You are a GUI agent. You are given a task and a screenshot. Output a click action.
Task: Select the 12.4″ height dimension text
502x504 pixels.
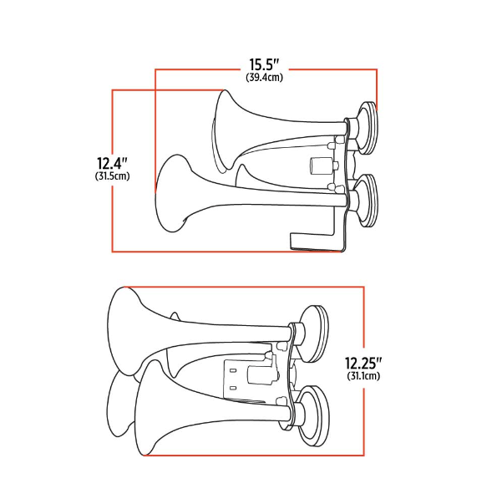[x=112, y=162]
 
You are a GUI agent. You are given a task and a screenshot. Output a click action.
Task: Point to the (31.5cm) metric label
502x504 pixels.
[x=112, y=176]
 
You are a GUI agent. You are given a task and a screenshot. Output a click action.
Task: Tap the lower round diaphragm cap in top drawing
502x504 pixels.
[x=367, y=198]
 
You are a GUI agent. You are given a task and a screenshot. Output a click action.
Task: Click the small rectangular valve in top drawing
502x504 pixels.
[x=318, y=165]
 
